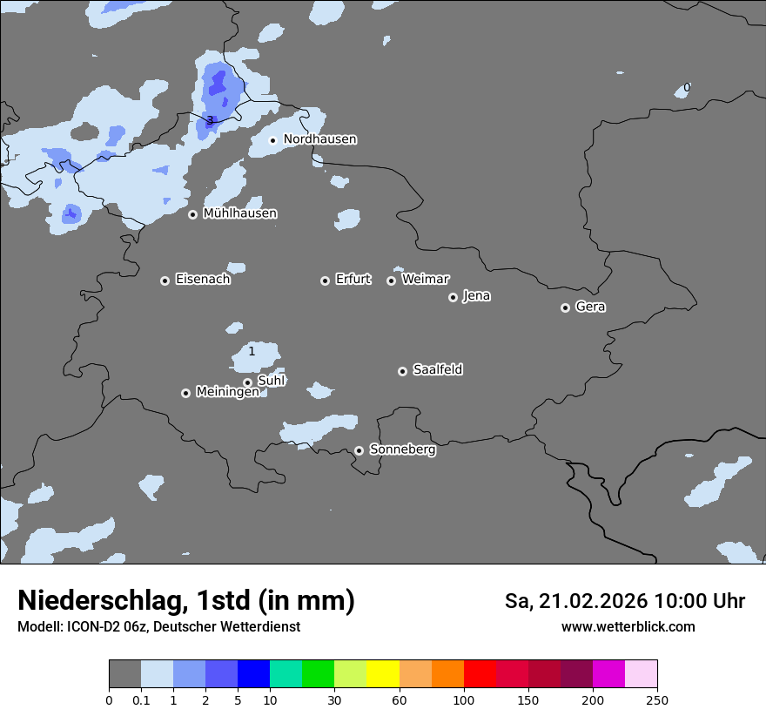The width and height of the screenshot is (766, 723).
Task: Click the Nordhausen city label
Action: tap(319, 139)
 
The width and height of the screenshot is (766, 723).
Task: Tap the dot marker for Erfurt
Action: tap(325, 280)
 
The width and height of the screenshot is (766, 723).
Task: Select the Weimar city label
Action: tap(425, 280)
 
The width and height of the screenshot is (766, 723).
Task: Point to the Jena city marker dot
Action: tap(453, 297)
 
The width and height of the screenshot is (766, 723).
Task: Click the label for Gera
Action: tap(590, 307)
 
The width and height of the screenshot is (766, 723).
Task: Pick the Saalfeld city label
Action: tap(437, 370)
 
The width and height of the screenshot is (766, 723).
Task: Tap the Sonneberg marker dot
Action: tap(359, 450)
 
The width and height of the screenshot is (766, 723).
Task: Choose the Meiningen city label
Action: tap(227, 392)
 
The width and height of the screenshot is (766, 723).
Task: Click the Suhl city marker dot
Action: tap(247, 382)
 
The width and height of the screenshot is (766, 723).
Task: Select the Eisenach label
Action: tap(203, 280)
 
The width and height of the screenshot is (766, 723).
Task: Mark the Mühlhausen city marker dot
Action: tap(192, 214)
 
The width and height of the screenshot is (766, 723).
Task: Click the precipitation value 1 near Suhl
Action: tap(252, 352)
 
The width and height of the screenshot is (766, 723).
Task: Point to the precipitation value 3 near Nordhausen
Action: tap(209, 120)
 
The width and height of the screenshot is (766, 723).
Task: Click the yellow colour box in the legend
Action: tap(383, 674)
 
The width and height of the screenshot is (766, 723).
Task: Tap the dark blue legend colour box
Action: tap(253, 674)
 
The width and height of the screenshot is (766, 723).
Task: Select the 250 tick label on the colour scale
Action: tap(657, 699)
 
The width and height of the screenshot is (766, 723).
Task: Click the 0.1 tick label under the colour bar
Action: tap(141, 699)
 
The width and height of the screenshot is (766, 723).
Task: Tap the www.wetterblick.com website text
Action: tap(628, 626)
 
